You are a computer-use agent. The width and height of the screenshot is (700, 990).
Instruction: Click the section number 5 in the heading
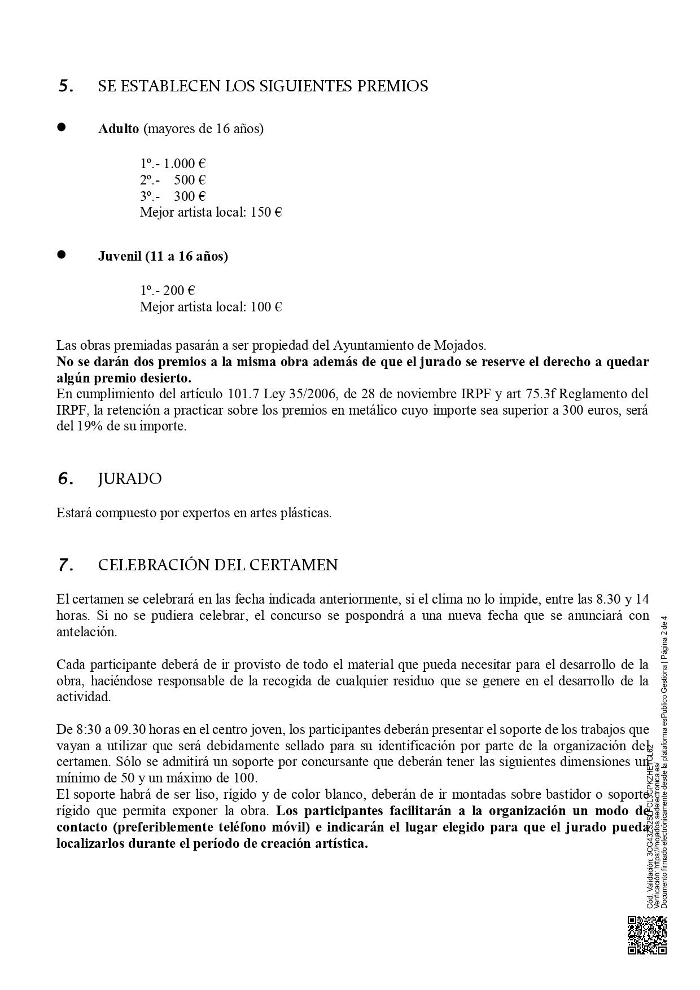[65, 87]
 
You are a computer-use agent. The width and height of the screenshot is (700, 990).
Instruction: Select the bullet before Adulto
[61, 127]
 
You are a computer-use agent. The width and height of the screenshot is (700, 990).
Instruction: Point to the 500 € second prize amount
[190, 180]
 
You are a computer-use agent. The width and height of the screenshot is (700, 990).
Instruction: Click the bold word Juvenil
[120, 256]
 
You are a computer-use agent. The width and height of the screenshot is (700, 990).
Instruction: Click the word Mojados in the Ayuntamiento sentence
[461, 345]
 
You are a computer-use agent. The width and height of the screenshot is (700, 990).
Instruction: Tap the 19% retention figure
[88, 426]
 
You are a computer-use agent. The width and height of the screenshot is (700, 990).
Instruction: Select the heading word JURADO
[130, 479]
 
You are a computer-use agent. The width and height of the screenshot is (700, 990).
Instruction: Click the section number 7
[65, 565]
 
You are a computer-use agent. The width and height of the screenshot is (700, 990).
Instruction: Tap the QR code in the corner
[647, 935]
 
